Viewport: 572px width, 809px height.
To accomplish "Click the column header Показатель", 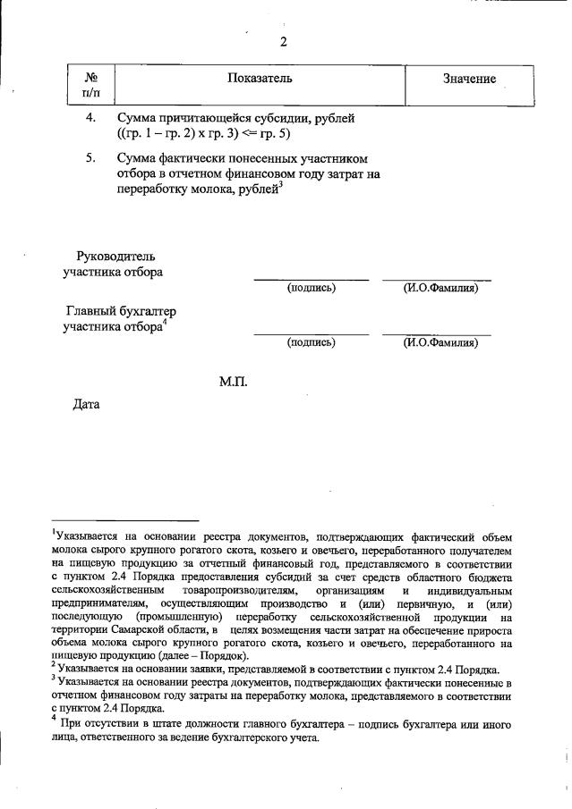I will pos(260,79).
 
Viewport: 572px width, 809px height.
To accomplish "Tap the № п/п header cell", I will pos(90,86).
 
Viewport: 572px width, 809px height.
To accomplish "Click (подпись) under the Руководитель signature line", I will pos(311,288).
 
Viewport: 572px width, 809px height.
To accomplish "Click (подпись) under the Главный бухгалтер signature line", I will pos(311,342).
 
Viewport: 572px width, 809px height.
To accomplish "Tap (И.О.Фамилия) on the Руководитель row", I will pos(435,288).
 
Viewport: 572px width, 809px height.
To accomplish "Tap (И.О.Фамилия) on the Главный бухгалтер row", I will pos(435,342).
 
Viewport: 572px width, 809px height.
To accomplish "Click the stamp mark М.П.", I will pos(233,382).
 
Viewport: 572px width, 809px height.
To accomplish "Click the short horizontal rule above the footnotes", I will pos(124,518).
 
